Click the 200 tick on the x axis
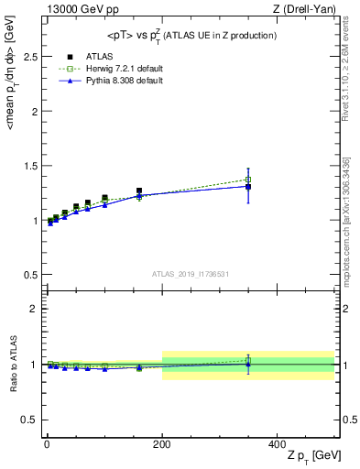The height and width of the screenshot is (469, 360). pyautogui.click(x=162, y=443)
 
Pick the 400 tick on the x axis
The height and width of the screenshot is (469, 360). pyautogui.click(x=278, y=443)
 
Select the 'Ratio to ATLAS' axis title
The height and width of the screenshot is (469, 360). pyautogui.click(x=11, y=365)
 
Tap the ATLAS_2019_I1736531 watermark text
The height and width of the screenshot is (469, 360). pyautogui.click(x=191, y=274)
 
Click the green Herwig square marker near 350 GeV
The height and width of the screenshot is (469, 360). pyautogui.click(x=248, y=180)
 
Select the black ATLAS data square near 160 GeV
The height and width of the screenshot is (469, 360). pyautogui.click(x=139, y=191)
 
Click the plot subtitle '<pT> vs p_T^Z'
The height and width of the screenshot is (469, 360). pyautogui.click(x=174, y=35)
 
